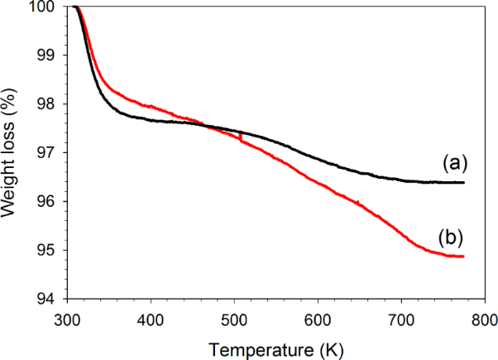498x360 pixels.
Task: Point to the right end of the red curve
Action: [x=464, y=257]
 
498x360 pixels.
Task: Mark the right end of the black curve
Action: [x=464, y=183]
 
